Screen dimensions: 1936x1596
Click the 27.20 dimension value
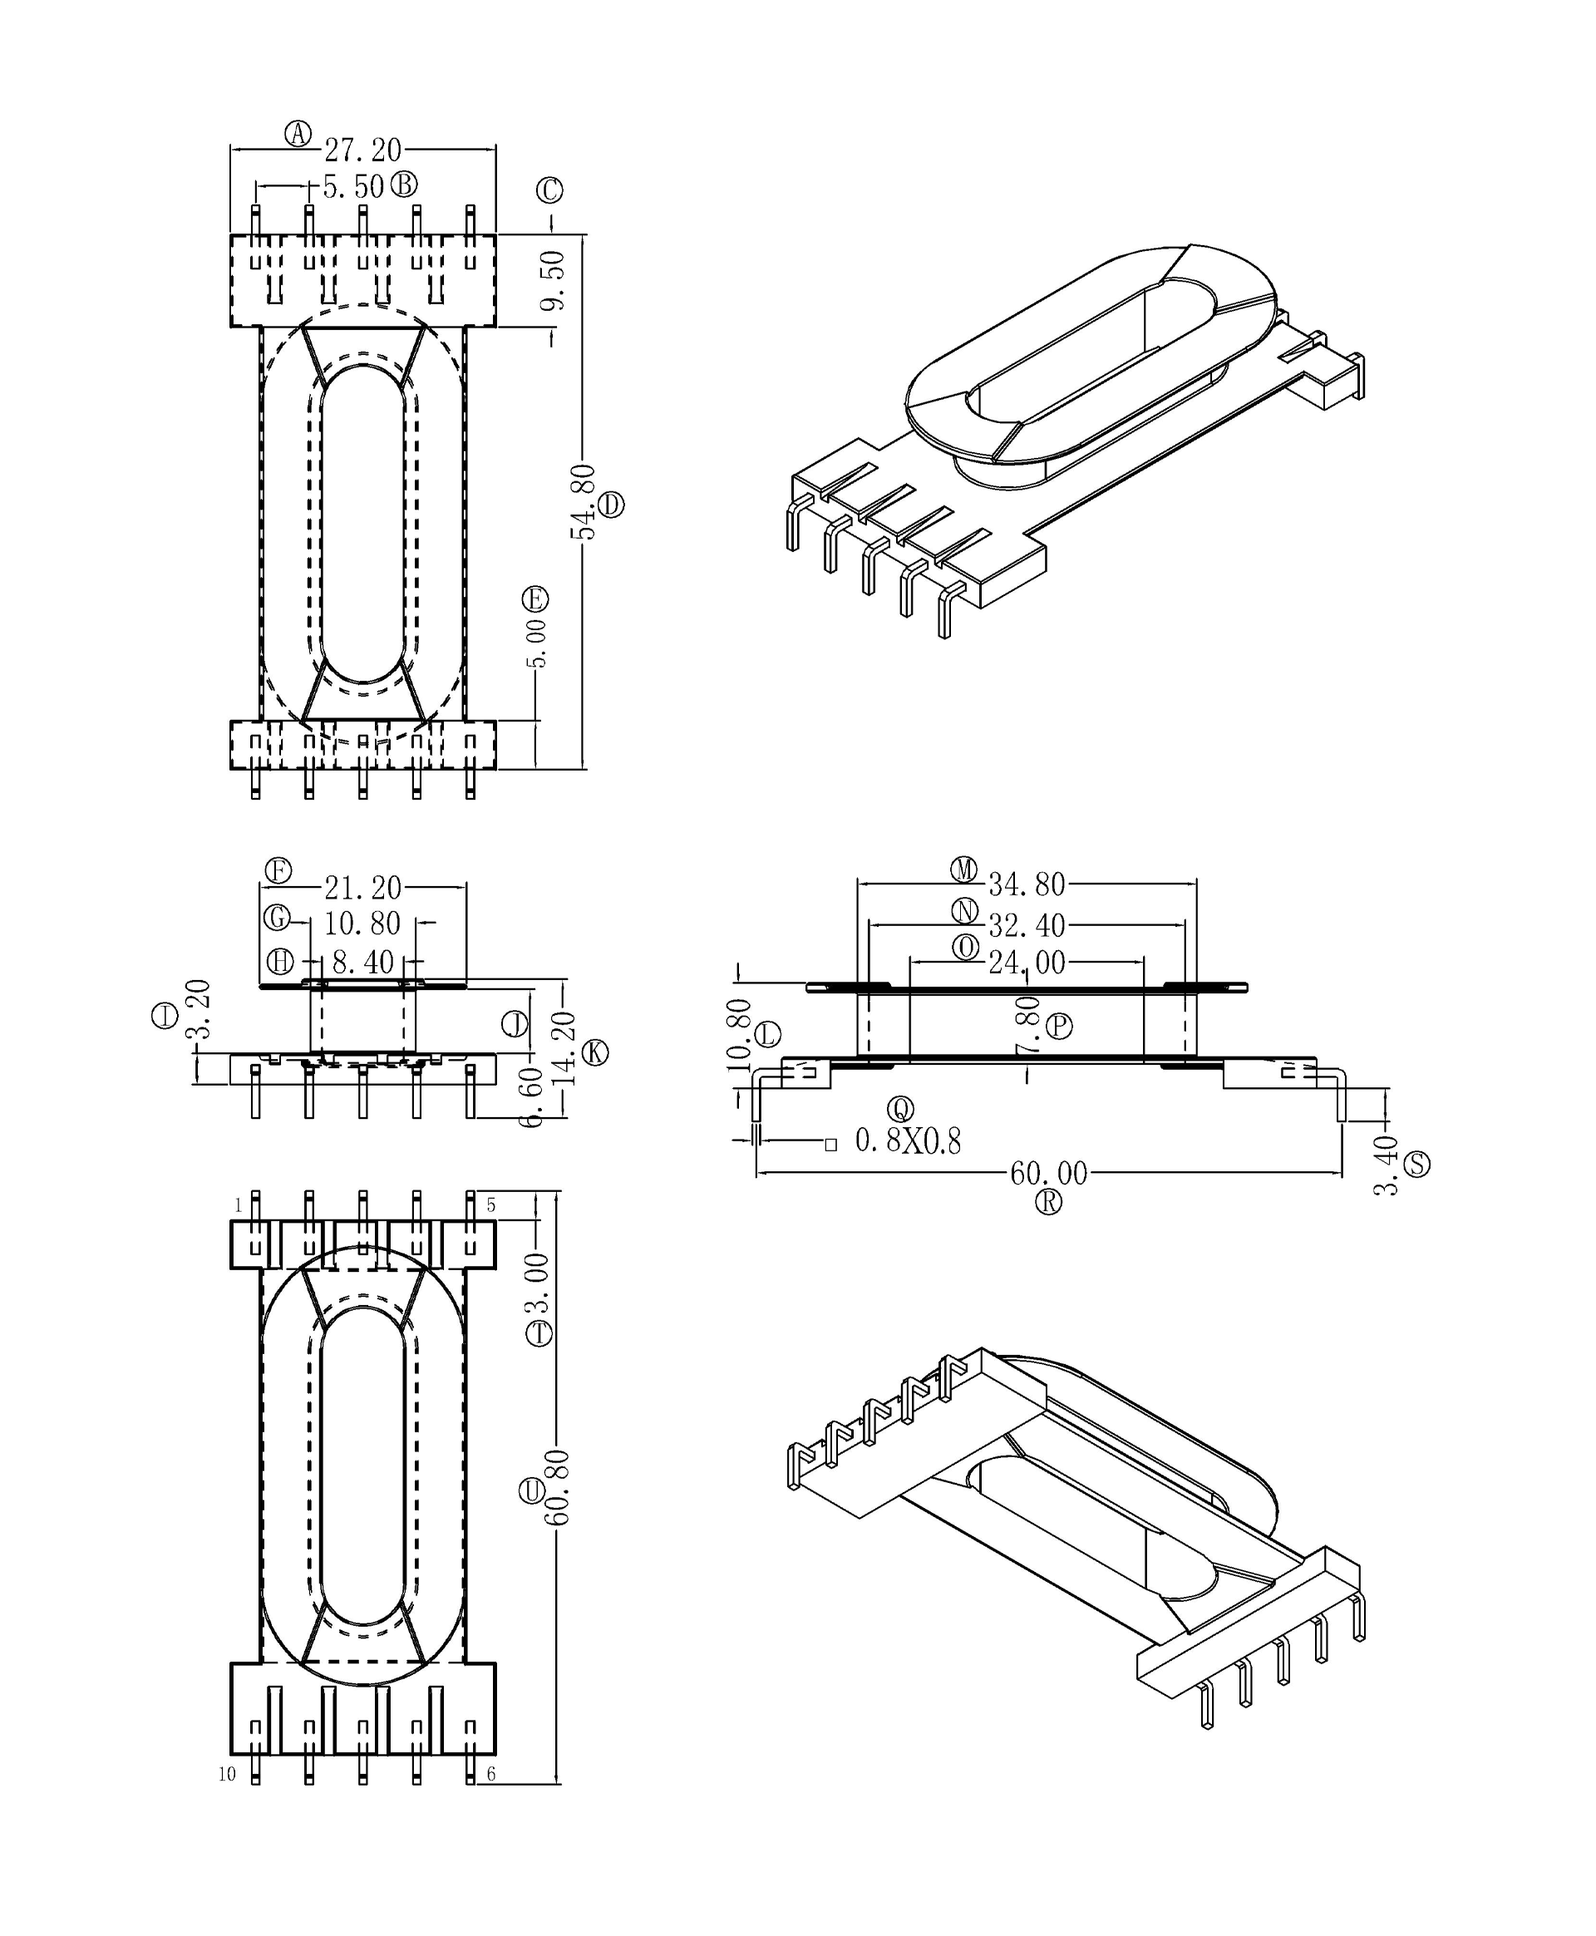coord(362,150)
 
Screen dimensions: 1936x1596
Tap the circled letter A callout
coord(297,133)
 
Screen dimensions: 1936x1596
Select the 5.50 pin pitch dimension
coord(353,188)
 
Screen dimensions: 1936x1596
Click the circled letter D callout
coord(611,505)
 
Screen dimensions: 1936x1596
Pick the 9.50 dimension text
coord(553,281)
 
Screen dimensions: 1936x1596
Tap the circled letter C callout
coord(549,190)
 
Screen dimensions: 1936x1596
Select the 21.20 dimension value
coord(362,888)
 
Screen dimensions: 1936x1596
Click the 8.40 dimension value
coord(362,963)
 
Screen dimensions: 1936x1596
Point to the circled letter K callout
coord(596,1052)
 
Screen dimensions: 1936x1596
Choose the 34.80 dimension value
coord(1026,884)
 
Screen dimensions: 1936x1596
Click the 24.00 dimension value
coord(1026,963)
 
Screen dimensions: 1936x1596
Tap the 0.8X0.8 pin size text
coord(908,1140)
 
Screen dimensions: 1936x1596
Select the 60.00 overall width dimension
coord(1048,1173)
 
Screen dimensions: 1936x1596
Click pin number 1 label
coord(238,1205)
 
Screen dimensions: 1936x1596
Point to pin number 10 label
coord(227,1774)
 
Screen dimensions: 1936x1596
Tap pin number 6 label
coord(491,1774)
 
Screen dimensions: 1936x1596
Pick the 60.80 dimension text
coord(558,1487)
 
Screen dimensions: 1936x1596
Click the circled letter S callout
coord(1416,1165)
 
